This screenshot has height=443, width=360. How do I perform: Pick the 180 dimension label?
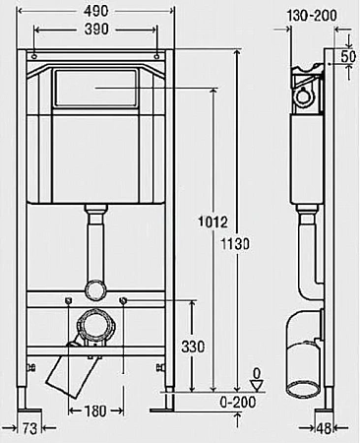[x=94, y=410]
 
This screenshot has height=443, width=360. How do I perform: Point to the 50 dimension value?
[x=348, y=56]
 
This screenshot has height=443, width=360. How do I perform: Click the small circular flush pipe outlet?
[x=96, y=290]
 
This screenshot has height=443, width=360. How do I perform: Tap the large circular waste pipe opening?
[x=96, y=327]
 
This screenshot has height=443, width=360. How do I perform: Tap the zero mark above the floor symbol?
[x=257, y=373]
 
